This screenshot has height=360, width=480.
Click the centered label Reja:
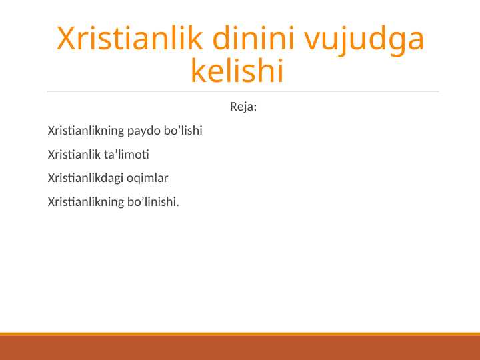coord(243,107)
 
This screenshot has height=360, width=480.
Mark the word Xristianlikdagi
coord(86,178)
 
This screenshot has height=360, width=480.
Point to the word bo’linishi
coord(152,202)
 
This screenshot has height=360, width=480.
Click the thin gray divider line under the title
coord(243,91)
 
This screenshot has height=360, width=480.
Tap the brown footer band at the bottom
coord(240,347)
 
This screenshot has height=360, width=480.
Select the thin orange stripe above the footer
coord(240,333)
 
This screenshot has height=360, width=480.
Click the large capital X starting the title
coord(66,40)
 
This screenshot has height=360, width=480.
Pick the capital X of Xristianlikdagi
coord(51,178)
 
